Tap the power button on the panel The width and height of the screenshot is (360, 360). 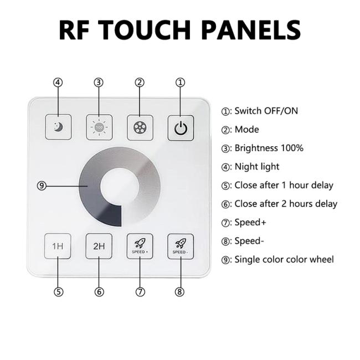pos(181,128)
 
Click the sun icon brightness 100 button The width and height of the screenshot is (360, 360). pos(99,127)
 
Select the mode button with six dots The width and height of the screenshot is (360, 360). pos(140,127)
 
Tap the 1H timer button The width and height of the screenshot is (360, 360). pos(58,246)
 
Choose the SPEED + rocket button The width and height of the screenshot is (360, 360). pos(140,246)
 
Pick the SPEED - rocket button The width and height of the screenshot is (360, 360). pos(181,246)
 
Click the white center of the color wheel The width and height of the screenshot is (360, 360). pos(120,187)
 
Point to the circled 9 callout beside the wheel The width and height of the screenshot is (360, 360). pos(42,186)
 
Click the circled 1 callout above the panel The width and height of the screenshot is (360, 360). pos(180,82)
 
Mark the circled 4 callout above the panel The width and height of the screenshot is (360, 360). pos(58,82)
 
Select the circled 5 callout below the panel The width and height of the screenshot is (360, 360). pos(58,292)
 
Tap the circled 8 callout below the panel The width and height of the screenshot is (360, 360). pos(180,292)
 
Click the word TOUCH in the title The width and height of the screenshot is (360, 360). pos(146,30)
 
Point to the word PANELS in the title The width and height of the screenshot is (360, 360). pos(251,30)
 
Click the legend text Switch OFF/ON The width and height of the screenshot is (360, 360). pos(266,111)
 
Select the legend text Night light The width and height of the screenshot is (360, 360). pos(257,167)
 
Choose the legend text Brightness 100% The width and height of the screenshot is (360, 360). pos(269,148)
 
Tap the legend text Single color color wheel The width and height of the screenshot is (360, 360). pos(284,259)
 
